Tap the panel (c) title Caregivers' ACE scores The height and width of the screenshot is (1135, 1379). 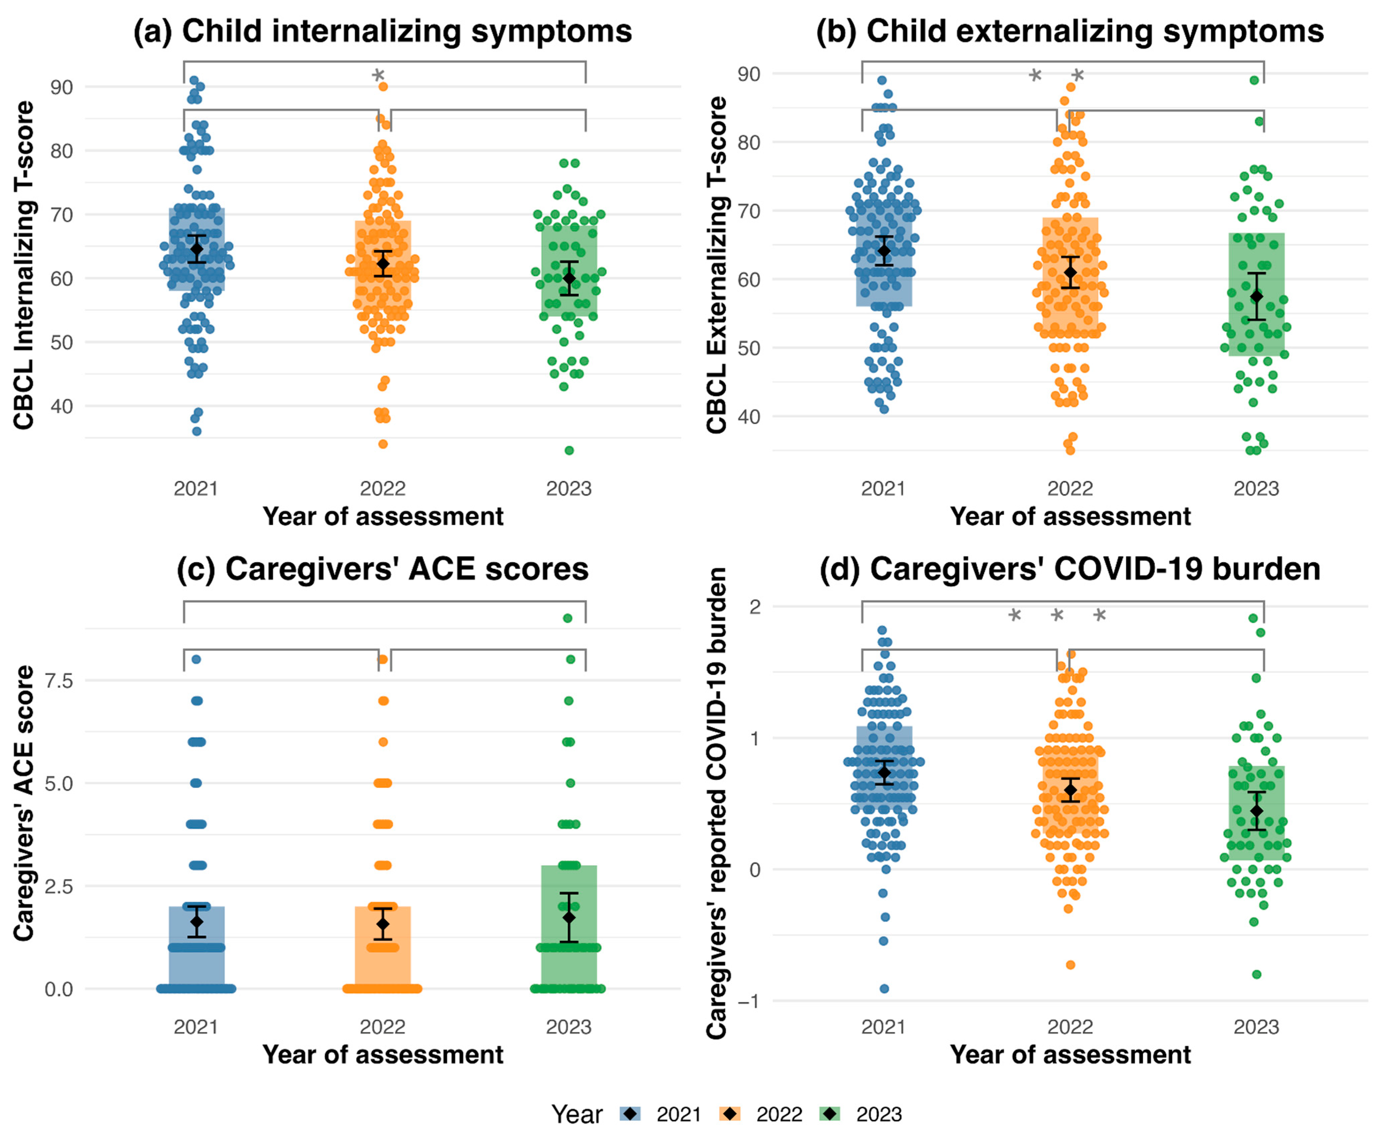point(383,569)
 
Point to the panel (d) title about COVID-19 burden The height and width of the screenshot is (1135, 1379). point(1070,569)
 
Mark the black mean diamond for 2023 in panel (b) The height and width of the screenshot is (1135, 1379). point(1256,296)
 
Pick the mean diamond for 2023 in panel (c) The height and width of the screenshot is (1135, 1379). point(569,917)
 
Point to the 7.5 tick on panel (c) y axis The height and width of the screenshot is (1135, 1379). point(59,681)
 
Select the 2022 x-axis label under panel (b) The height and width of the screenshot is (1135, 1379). point(1070,488)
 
